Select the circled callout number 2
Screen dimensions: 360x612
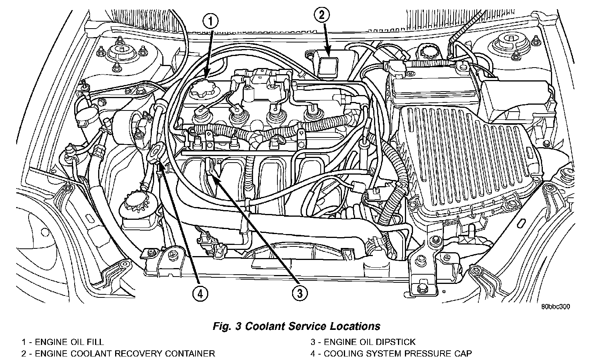[322, 15]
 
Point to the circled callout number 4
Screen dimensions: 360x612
[200, 294]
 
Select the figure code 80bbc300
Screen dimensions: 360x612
[556, 307]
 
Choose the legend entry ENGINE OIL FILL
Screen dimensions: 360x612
[63, 342]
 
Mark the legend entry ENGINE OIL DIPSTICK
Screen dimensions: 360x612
[363, 342]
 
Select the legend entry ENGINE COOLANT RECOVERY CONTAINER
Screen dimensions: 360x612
[118, 353]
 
